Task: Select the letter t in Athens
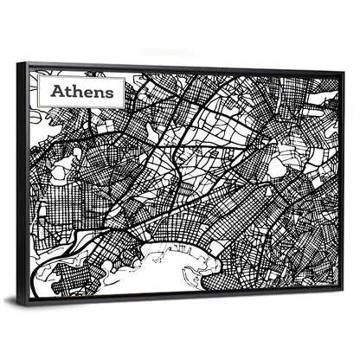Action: click(x=68, y=91)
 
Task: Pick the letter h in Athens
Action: click(x=77, y=91)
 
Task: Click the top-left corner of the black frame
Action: click(x=18, y=61)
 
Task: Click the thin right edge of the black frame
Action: click(x=344, y=182)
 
